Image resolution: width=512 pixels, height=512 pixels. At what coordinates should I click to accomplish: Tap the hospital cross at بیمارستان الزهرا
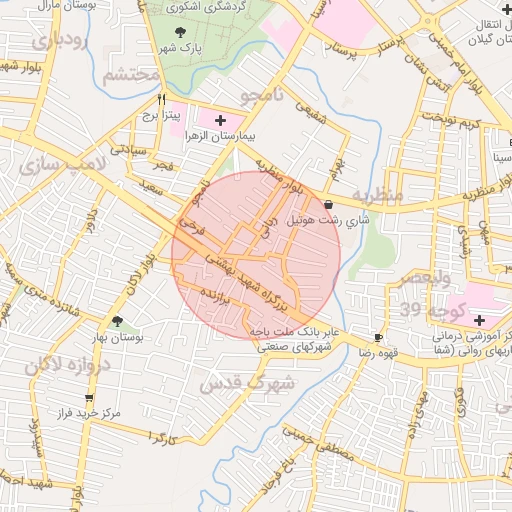click(x=220, y=120)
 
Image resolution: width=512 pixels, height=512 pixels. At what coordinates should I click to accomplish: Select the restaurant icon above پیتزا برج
click(x=162, y=100)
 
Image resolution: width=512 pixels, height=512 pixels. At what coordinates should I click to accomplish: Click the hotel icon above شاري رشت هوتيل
click(x=329, y=204)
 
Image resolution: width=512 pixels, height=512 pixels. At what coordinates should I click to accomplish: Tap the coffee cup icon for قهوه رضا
click(x=378, y=338)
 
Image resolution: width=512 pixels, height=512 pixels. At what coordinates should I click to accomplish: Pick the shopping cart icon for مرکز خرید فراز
click(x=89, y=397)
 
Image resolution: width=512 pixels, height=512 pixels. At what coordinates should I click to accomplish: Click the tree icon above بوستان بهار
click(x=118, y=322)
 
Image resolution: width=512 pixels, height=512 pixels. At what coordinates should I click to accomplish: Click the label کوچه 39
click(x=421, y=307)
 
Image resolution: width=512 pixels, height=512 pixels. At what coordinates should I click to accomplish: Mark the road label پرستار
click(x=355, y=47)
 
